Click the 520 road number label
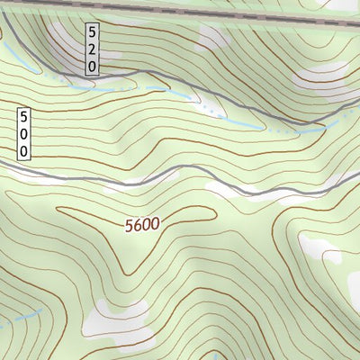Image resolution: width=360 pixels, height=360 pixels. tap(92, 49)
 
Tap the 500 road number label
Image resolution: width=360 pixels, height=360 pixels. tap(23, 134)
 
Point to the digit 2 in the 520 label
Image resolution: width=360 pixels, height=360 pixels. tap(92, 49)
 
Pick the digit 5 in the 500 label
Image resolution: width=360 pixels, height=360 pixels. tap(23, 117)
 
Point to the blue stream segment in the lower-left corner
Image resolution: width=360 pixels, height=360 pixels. tap(22, 319)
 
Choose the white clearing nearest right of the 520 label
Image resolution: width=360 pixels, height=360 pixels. tap(212, 36)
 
